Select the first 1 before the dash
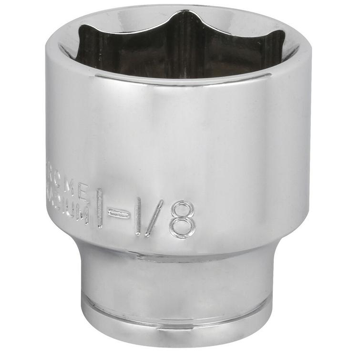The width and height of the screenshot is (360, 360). pos(100,207)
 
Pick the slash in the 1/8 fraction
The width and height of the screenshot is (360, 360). pos(154,217)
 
